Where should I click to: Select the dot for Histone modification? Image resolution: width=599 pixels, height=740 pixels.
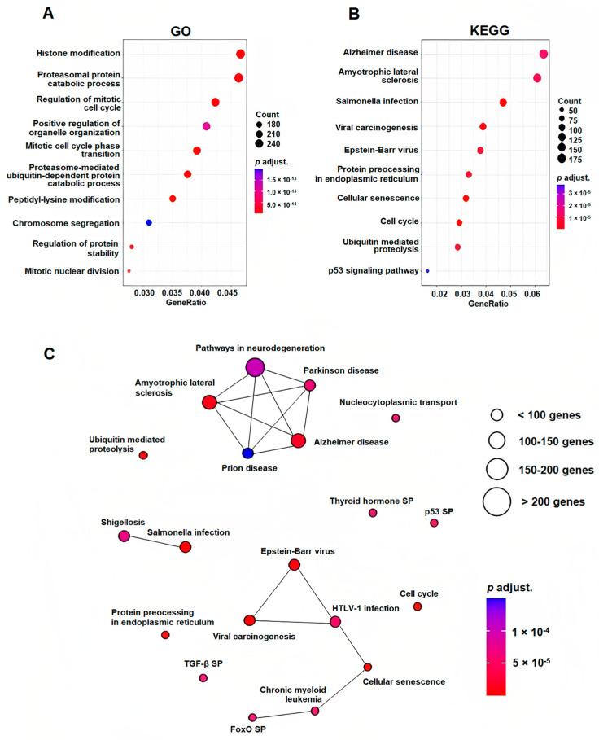[x=240, y=54]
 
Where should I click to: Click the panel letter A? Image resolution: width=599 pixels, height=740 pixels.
[x=49, y=14]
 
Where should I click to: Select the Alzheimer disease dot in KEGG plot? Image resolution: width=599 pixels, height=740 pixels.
[x=544, y=54]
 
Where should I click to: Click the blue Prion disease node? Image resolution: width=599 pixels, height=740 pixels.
[x=247, y=453]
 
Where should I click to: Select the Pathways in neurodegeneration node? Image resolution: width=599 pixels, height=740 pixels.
[x=254, y=367]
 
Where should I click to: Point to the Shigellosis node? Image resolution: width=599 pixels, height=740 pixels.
[x=124, y=536]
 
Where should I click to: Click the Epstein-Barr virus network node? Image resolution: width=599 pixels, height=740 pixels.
[x=294, y=565]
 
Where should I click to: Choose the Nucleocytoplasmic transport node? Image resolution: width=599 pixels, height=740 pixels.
[x=396, y=418]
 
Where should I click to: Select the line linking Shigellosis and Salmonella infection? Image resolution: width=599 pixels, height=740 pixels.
[x=155, y=541]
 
